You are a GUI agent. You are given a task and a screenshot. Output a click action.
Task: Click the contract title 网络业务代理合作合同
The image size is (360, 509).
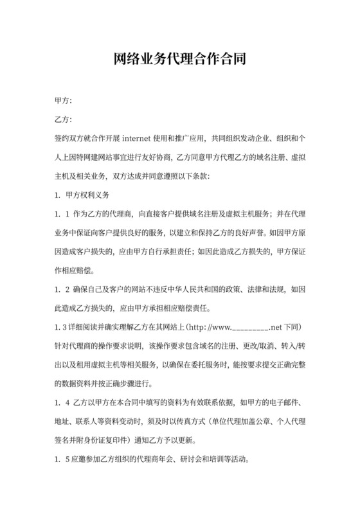179,60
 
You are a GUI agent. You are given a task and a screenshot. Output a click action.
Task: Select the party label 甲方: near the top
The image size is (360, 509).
64,102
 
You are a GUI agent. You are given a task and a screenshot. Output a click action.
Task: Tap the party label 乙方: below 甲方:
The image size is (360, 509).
64,120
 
